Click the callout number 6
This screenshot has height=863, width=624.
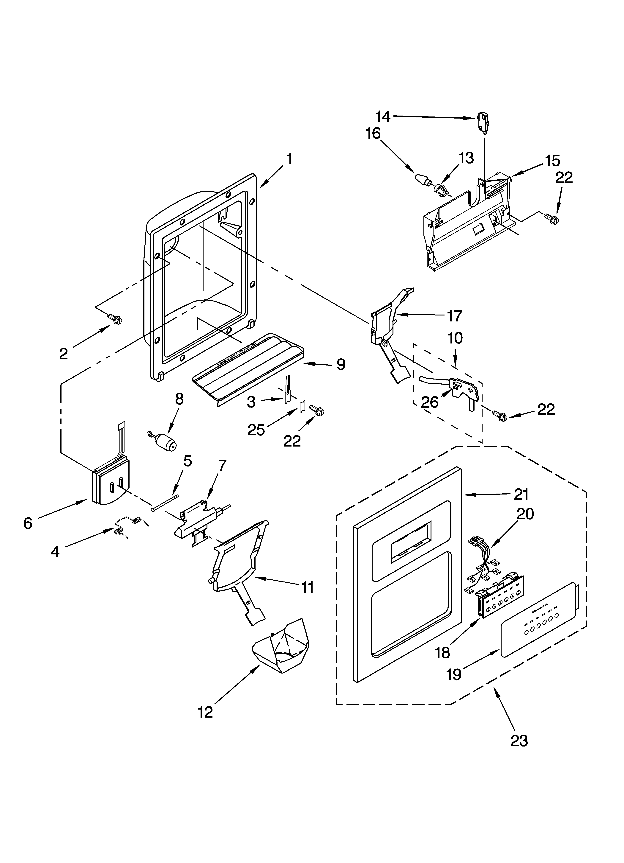click(28, 524)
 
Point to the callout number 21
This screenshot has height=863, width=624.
click(521, 494)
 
